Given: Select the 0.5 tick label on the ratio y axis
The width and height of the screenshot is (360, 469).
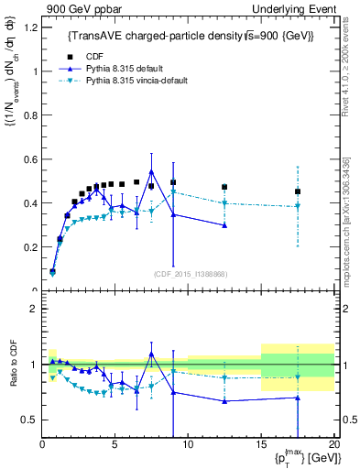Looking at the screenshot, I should pyautogui.click(x=28, y=420).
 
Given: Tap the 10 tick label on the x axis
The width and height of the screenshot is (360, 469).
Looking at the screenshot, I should pyautogui.click(x=188, y=446).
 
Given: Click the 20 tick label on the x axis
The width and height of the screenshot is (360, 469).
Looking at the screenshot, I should pyautogui.click(x=333, y=446).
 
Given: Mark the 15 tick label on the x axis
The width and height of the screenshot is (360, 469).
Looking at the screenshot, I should pyautogui.click(x=261, y=446).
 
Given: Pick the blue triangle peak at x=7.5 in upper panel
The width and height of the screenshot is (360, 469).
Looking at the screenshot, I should pyautogui.click(x=151, y=171).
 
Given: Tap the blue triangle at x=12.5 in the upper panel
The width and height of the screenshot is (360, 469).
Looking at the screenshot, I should pyautogui.click(x=224, y=225).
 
